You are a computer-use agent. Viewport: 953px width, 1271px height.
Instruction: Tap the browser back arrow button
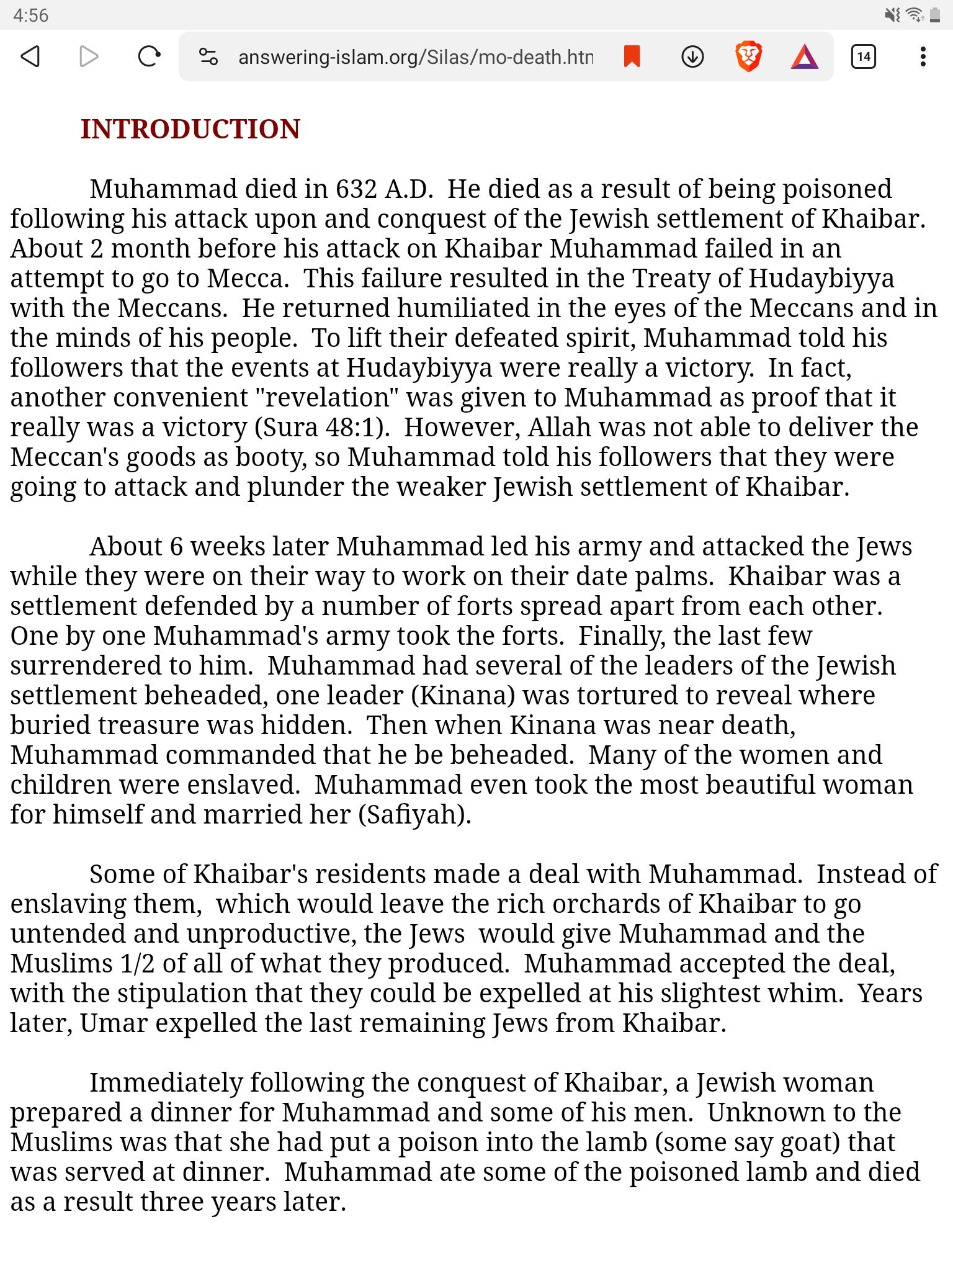[x=30, y=56]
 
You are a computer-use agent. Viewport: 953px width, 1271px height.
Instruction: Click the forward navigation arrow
[x=89, y=56]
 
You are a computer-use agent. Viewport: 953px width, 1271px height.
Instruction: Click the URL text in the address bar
[x=416, y=57]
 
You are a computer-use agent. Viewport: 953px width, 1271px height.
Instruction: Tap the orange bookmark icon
[x=632, y=56]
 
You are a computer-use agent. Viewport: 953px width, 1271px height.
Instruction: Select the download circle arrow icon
[x=692, y=56]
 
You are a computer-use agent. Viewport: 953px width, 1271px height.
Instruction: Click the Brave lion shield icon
[x=748, y=56]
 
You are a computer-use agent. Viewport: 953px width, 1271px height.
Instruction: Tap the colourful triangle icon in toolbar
[x=805, y=56]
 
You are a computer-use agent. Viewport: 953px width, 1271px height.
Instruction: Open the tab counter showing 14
[x=863, y=56]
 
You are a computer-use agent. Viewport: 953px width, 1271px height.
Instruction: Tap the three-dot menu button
[x=923, y=56]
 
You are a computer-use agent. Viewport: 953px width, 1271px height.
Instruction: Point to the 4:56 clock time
[x=30, y=15]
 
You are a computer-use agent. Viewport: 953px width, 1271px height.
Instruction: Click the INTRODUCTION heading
[x=190, y=129]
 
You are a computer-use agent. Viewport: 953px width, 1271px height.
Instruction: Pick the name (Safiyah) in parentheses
[x=414, y=815]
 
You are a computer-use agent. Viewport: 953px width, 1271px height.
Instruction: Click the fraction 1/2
[x=137, y=964]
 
